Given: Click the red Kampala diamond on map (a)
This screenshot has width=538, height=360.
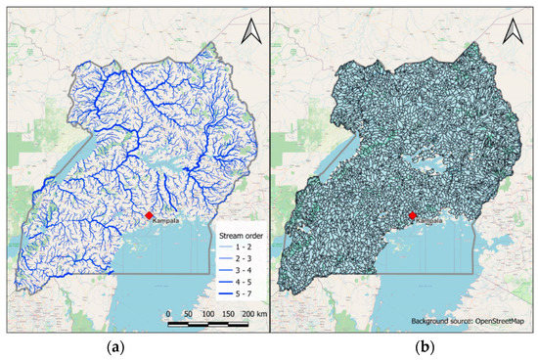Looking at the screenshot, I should click(149, 215).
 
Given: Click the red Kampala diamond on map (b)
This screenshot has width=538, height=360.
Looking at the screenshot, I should click(412, 215).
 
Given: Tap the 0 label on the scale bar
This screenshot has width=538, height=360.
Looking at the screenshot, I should click(167, 313).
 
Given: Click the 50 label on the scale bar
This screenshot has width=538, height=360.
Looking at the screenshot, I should click(187, 313).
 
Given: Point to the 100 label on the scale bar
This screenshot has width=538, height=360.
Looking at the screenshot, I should click(207, 313).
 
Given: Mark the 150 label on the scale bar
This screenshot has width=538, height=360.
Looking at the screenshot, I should click(229, 313).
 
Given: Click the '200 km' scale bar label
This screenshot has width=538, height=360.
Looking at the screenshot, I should click(252, 313).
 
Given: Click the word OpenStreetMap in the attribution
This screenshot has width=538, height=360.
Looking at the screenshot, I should click(499, 320).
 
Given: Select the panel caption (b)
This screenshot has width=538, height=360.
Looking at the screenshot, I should click(400, 345).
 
